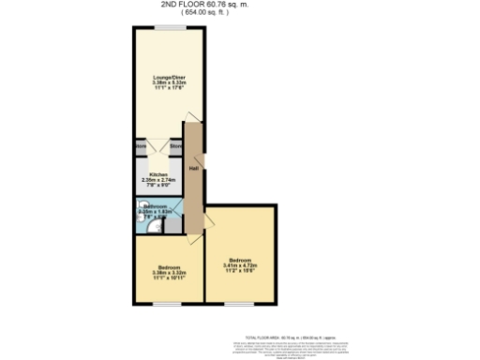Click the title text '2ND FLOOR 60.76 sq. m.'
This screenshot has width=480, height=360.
(x=239, y=5)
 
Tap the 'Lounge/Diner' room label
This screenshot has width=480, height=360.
(x=170, y=76)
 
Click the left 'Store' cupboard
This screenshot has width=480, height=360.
(x=141, y=146)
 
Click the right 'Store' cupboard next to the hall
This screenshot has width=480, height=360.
(x=174, y=146)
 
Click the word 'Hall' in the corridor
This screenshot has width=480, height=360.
(x=192, y=168)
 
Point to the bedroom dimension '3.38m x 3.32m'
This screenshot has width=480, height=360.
(x=169, y=273)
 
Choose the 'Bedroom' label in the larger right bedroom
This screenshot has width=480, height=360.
(x=241, y=260)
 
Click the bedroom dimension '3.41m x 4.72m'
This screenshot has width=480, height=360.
(x=241, y=265)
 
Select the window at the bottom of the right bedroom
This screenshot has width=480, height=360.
(x=240, y=304)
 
